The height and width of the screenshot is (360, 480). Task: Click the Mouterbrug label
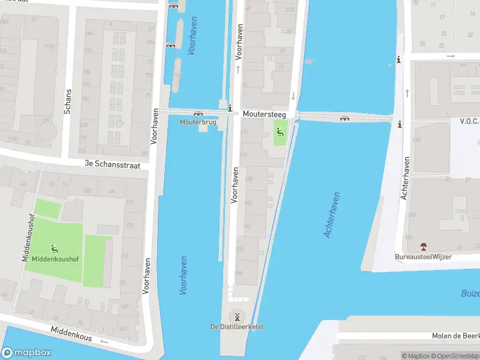point(198,122)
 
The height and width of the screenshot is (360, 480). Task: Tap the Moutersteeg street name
point(264,113)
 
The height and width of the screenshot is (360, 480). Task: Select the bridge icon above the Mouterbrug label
point(198,113)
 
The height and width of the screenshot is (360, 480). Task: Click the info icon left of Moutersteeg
point(230,108)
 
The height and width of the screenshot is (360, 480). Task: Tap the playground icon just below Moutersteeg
point(279,131)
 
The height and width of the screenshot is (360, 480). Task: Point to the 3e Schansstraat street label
point(112,164)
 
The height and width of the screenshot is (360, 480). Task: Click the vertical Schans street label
point(68,102)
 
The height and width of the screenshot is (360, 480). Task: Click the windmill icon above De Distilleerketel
point(236,316)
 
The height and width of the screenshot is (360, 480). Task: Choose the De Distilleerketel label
point(236,326)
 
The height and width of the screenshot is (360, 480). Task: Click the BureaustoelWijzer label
point(423,257)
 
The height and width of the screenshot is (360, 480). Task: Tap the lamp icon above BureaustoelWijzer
point(424,247)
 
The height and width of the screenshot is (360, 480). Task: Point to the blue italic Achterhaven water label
point(332,215)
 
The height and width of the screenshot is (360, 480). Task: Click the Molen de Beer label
point(455,336)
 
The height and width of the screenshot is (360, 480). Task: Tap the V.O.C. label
point(469,121)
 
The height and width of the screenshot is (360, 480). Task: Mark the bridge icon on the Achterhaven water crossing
point(344,118)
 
